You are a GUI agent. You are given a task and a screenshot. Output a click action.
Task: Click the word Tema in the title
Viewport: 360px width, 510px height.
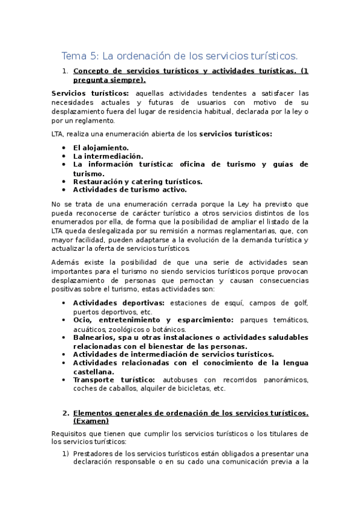[74, 57]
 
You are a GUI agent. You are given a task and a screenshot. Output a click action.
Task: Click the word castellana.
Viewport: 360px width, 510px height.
[94, 371]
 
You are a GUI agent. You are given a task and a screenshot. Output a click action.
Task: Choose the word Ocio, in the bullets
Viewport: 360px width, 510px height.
[84, 320]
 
